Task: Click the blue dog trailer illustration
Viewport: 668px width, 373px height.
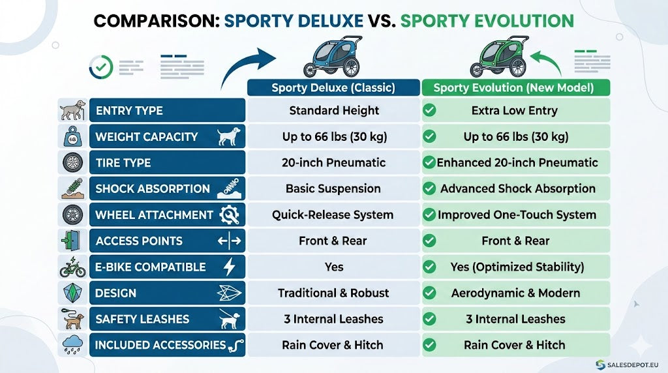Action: (333, 57)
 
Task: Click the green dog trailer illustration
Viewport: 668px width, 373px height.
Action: (499, 57)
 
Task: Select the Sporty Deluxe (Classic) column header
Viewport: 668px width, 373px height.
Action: (333, 88)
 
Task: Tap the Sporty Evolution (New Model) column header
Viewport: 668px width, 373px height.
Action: (515, 88)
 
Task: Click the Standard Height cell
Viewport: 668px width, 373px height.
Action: (334, 111)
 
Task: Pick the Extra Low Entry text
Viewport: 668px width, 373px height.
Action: (514, 111)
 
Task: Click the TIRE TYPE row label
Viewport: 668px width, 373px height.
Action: (123, 162)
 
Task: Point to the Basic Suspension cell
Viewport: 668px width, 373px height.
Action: (333, 188)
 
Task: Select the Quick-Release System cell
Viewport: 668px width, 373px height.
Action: (333, 215)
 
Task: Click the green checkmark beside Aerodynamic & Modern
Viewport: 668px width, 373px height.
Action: (429, 293)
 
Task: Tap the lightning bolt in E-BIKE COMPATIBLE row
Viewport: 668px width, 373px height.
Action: (229, 267)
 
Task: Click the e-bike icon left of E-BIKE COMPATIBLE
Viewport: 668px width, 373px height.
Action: (73, 267)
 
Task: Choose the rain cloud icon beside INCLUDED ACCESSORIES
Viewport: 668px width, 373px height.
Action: (73, 345)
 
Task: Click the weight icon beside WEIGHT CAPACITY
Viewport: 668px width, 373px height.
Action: (73, 137)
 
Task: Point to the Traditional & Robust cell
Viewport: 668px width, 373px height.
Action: (333, 293)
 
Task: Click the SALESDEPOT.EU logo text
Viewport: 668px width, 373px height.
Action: (633, 365)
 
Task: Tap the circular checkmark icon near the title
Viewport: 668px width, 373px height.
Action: (101, 67)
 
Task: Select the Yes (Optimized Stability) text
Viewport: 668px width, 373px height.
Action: (517, 267)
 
